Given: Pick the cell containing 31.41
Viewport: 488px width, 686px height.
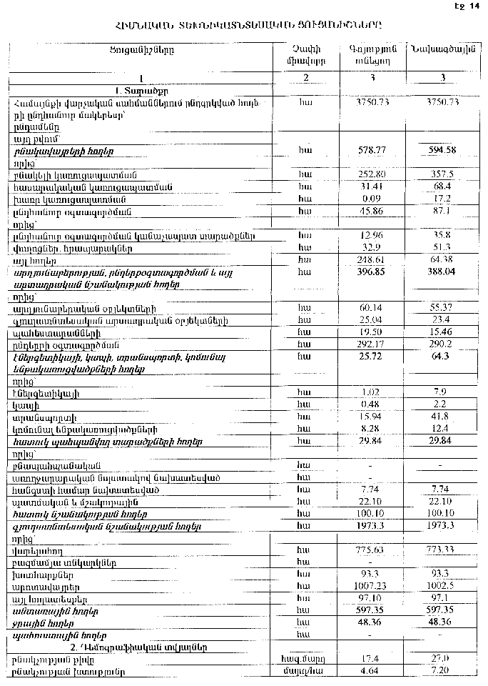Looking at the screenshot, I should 370,187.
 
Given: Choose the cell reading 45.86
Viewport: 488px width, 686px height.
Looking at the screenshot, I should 370,211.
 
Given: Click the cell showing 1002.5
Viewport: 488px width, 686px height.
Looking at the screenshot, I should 442,585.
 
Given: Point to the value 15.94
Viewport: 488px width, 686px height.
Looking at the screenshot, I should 370,417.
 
